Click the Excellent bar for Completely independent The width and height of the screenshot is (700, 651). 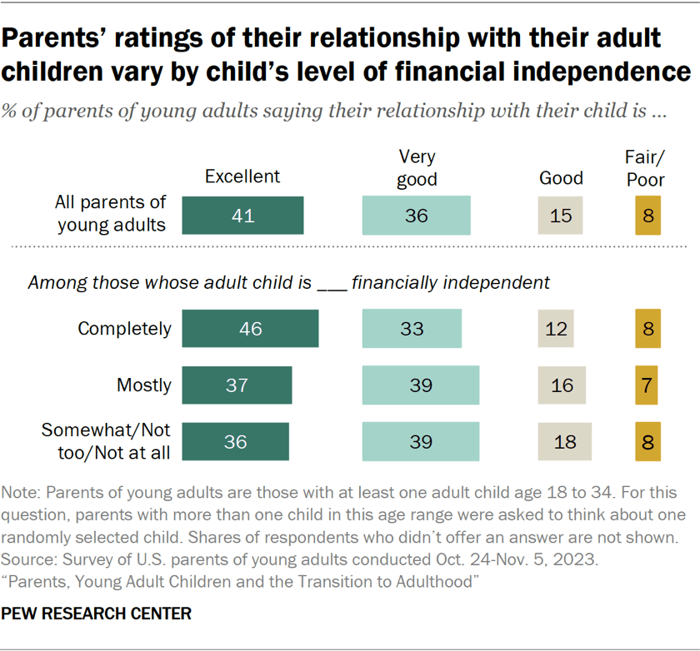click(x=250, y=328)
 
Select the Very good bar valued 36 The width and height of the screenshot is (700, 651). click(x=416, y=216)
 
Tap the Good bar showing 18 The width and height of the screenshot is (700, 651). click(x=564, y=441)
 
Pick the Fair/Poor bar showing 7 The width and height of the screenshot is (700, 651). click(x=647, y=385)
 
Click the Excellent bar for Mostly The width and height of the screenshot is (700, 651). click(x=237, y=385)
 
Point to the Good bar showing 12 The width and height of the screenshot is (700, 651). click(x=555, y=328)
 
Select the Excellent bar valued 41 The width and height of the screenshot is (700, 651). click(x=242, y=216)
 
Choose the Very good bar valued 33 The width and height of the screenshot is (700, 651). click(x=412, y=328)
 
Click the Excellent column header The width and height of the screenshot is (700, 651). click(x=242, y=176)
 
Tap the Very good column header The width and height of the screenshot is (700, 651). click(x=417, y=167)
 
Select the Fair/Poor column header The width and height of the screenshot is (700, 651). click(x=645, y=167)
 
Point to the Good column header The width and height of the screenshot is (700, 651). click(x=561, y=177)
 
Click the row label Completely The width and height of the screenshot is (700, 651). click(x=124, y=328)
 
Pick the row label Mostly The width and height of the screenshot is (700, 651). click(x=144, y=385)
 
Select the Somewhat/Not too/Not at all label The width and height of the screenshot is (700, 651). click(x=107, y=441)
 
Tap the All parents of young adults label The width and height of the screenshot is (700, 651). click(x=111, y=212)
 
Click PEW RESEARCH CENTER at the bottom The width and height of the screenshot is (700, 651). click(x=97, y=614)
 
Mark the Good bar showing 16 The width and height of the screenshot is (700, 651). click(x=562, y=385)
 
